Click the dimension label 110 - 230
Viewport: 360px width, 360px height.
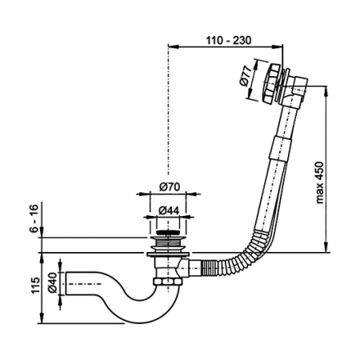pos(229,41)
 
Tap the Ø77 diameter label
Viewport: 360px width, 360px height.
pos(246,76)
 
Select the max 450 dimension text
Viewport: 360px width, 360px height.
pos(319,182)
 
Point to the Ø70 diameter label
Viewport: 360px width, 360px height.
pos(170,186)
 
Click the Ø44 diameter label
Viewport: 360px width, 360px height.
pos(169,210)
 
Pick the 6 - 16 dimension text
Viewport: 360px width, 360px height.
pos(34,218)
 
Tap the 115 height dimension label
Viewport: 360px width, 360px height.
pos(35,286)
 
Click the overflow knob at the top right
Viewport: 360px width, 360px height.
pos(269,83)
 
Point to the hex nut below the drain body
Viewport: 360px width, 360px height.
pos(167,282)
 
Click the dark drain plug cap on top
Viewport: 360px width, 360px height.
pos(167,233)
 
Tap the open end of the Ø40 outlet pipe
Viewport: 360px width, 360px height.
pos(66,283)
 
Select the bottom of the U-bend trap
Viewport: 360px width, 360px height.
pos(142,319)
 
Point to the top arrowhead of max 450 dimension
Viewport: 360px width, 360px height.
pos(326,91)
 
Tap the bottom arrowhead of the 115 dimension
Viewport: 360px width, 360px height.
pos(42,318)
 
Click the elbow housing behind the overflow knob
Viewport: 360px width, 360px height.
pos(297,91)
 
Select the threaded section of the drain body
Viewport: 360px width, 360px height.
pos(167,245)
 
